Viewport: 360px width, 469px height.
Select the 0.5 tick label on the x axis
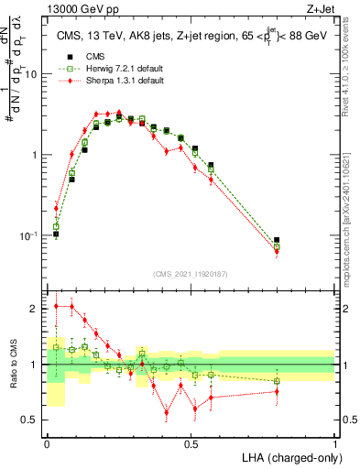(191, 443)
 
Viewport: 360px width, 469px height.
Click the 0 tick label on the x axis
(47, 443)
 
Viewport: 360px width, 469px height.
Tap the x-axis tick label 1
(335, 443)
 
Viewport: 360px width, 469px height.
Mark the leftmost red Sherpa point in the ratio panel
(56, 306)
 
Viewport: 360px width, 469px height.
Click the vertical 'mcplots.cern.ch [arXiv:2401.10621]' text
(349, 212)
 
